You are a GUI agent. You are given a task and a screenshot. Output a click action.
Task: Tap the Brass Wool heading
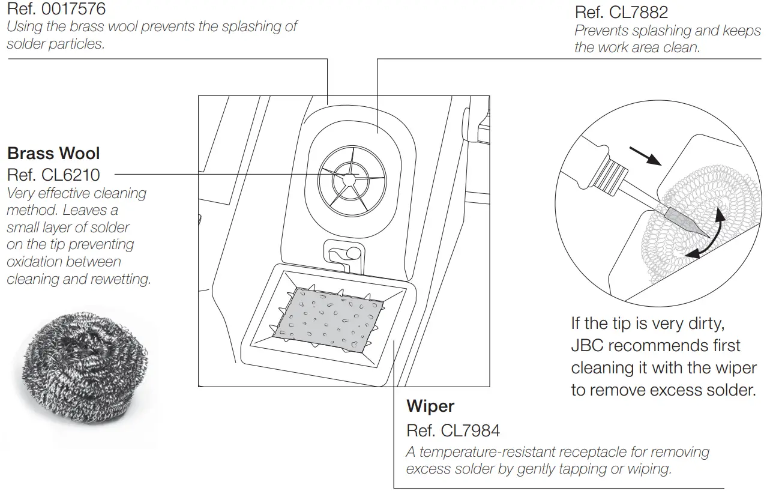tap(53, 154)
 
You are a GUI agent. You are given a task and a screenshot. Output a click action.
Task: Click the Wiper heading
tap(430, 406)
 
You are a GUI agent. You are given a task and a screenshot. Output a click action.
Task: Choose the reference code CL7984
tap(470, 430)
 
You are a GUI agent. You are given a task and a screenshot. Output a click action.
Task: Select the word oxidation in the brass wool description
tap(33, 262)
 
